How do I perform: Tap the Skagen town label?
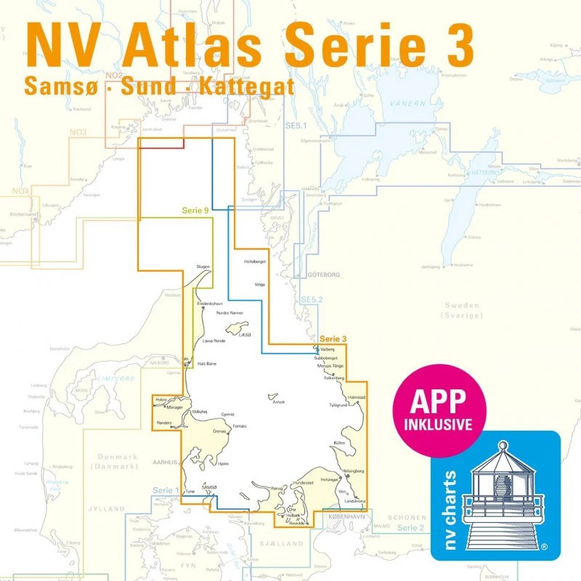[203, 267]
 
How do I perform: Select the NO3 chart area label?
[78, 132]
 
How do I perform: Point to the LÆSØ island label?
[245, 334]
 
